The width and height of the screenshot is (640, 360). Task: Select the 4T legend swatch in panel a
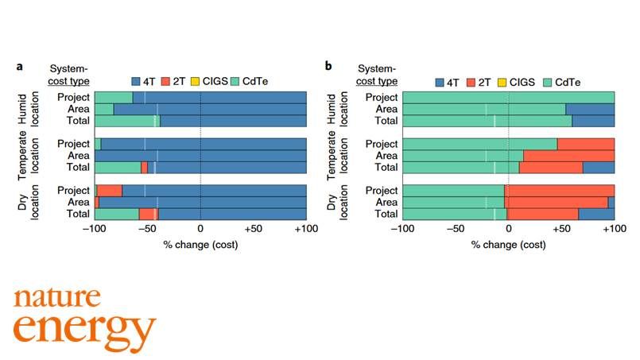click(136, 81)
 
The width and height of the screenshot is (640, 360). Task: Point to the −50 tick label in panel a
click(147, 229)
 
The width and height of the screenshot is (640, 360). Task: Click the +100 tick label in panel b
click(613, 229)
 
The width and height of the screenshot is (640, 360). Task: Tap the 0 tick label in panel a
click(200, 229)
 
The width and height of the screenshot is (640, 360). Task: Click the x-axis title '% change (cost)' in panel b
click(508, 244)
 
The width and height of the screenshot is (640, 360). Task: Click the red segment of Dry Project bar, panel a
click(110, 191)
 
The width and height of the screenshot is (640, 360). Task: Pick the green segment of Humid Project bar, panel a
click(114, 98)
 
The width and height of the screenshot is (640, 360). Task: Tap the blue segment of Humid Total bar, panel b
click(593, 121)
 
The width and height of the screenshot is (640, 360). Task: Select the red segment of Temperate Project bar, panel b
click(586, 144)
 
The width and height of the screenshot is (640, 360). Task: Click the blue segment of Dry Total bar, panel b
click(596, 214)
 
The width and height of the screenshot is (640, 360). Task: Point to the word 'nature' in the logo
click(56, 298)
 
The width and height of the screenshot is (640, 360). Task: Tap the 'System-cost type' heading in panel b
click(376, 75)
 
